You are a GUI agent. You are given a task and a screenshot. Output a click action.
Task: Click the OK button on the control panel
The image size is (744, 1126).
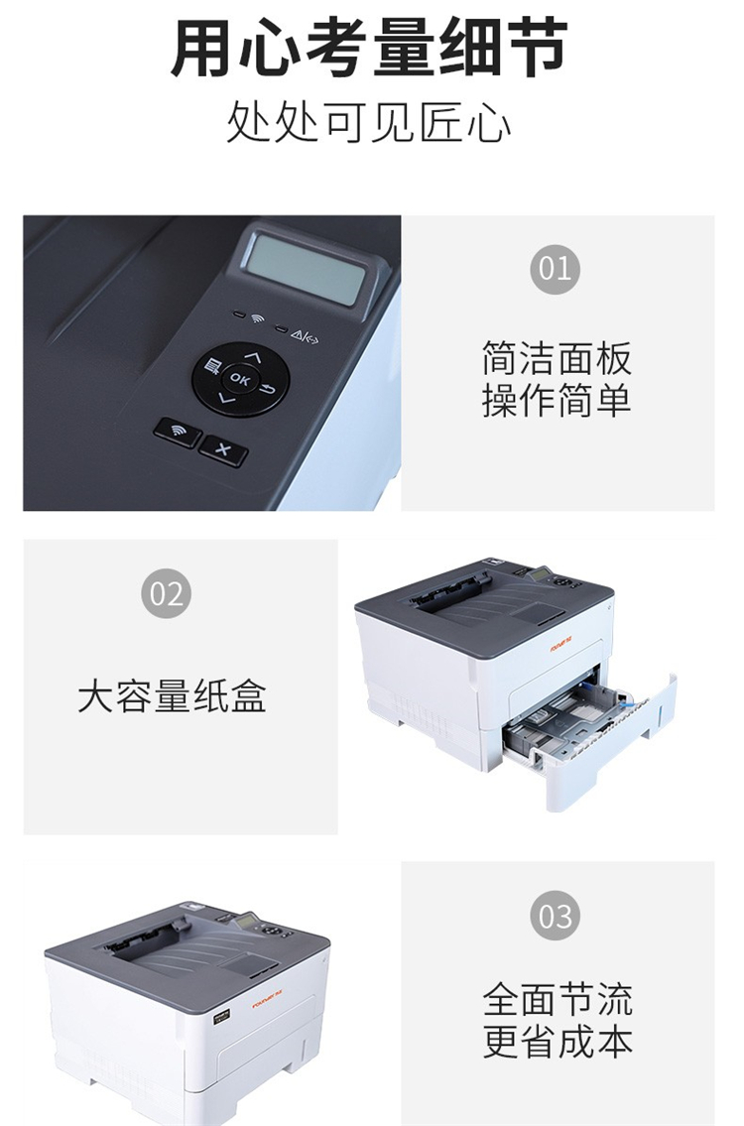coord(240,378)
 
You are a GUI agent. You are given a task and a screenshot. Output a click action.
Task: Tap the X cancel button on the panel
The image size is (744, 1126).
coord(223,450)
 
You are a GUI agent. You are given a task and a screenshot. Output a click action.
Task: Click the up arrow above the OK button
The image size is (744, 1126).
coord(252,355)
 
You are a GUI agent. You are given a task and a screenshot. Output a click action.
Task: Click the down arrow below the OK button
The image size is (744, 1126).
coord(226,398)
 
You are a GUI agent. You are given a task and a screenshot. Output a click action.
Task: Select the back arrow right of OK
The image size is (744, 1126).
coord(267,390)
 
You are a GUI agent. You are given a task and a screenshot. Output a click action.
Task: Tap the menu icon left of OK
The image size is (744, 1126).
coord(211,367)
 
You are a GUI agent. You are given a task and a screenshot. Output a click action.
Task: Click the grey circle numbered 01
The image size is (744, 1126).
coord(555,269)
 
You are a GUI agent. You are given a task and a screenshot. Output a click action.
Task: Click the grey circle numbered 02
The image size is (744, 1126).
coord(166,594)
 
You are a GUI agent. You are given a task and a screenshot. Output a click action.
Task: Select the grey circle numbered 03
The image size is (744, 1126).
coord(555,916)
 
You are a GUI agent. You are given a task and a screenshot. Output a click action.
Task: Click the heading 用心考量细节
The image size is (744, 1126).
coord(370,48)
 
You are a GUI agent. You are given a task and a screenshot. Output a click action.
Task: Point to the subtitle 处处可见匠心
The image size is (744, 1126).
coord(369,123)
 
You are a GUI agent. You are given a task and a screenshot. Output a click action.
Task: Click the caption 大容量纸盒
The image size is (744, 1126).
coord(173,696)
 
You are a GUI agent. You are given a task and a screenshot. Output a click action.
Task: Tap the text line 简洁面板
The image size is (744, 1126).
coord(557,359)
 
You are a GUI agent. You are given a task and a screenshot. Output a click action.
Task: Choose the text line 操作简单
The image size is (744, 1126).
coord(557,401)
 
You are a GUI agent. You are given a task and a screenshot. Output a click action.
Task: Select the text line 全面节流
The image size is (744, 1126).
coord(558,1000)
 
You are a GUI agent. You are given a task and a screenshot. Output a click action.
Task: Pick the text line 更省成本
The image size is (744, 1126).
coord(558,1042)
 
